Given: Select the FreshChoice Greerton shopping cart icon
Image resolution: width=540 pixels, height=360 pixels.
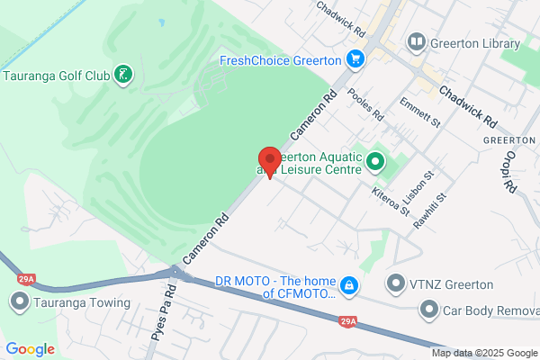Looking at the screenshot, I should [356, 60].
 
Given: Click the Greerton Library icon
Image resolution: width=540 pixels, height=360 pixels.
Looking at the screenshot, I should [416, 42].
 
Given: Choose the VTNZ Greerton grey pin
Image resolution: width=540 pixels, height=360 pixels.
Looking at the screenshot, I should [395, 284].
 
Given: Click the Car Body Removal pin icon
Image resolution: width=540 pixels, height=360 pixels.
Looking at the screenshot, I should [429, 311].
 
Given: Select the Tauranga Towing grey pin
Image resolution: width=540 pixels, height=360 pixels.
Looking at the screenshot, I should [18, 302].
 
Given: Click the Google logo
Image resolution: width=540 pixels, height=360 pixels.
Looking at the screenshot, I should [30, 349].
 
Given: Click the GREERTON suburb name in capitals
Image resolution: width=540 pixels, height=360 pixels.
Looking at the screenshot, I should [509, 141].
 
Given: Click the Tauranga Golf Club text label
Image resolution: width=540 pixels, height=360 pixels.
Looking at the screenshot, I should [56, 74].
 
